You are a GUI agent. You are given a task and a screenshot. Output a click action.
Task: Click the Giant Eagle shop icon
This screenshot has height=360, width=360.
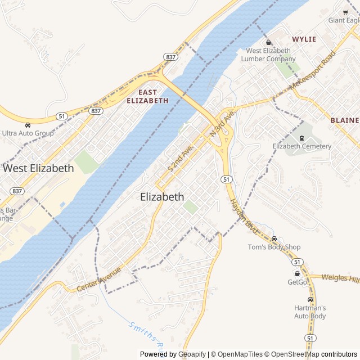pos(345,11)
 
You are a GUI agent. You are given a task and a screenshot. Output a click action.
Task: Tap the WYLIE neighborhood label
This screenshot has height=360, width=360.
pos(304,39)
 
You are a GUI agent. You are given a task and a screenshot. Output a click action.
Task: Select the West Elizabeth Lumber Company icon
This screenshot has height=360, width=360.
pos(268,42)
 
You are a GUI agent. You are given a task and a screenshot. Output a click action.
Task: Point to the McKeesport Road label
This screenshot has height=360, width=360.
pos(312,70)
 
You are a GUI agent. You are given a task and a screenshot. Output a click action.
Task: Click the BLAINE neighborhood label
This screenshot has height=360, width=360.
pos(344,120)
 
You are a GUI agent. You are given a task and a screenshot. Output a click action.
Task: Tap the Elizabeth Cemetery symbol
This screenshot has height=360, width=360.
pos(301,138)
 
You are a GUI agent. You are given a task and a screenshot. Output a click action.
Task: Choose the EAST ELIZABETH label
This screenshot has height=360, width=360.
pos(147,96)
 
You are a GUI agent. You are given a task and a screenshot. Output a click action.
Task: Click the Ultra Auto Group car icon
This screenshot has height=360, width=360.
pos(28,125)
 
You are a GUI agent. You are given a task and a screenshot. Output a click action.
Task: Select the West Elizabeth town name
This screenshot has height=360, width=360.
pos(38,168)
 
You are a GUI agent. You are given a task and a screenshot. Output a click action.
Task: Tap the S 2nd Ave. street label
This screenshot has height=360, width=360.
pos(181,158)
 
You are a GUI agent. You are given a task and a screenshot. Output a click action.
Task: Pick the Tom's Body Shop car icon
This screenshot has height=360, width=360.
pos(274,238)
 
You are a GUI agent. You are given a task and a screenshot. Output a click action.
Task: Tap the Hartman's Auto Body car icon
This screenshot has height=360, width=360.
pos(310,299)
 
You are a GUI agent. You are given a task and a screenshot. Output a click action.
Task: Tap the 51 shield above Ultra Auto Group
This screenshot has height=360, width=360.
pos(60,116)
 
